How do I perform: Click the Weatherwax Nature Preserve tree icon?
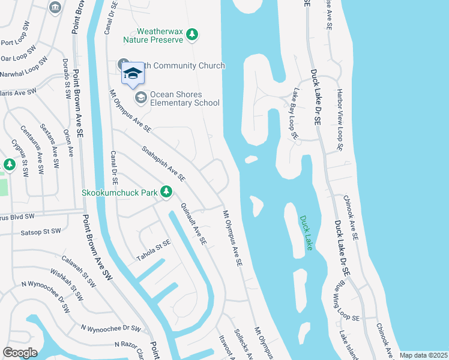192,35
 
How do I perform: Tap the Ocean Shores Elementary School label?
184,98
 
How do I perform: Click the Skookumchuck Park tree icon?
167,192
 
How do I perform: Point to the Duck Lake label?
307,233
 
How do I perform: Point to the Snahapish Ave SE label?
164,163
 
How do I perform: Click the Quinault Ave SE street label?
193,224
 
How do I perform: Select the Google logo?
20,353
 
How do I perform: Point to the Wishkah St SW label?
67,285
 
